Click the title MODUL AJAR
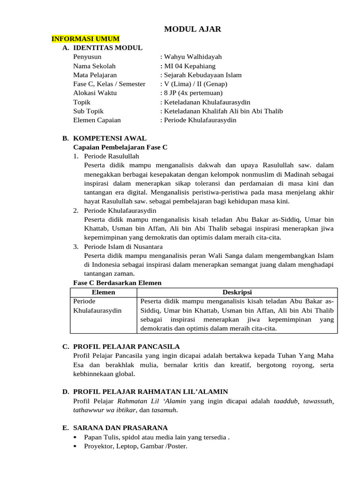tap(193, 30)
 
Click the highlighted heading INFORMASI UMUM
tap(85, 38)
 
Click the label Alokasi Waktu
tap(95, 93)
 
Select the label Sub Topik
tap(88, 111)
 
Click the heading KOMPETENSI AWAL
tap(110, 138)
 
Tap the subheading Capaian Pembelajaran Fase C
tap(120, 147)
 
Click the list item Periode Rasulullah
tap(112, 156)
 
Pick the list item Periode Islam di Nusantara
tap(123, 247)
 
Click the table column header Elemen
tap(103, 292)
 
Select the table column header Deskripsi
tap(236, 292)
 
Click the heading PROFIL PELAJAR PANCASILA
tap(126, 347)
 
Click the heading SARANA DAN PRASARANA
tap(120, 428)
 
